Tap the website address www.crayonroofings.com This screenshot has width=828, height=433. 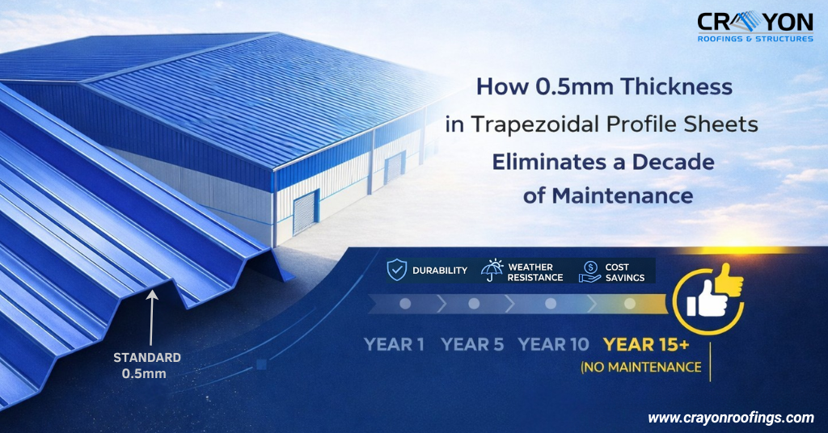point(730,418)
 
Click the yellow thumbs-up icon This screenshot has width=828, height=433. point(713,294)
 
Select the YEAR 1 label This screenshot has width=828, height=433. point(394,344)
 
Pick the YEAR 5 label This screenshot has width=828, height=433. point(472,344)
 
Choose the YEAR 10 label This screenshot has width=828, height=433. point(553,344)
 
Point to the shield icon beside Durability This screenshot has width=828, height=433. point(397,271)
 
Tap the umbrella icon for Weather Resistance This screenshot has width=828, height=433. point(492,271)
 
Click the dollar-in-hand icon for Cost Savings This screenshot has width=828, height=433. point(591,271)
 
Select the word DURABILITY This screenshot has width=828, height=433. point(439,271)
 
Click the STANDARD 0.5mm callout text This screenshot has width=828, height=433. point(147,365)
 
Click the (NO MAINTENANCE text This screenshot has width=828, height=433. point(640,368)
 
